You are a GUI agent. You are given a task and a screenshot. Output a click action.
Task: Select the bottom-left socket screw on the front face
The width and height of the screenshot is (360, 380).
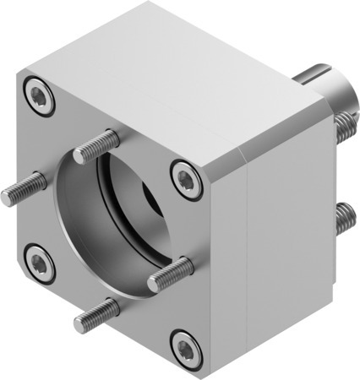click(x=39, y=263)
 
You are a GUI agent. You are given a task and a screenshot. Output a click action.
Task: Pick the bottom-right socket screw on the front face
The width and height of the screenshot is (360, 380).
click(x=183, y=345)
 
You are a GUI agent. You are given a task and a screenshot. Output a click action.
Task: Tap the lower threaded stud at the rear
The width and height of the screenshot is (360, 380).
click(x=343, y=218)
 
